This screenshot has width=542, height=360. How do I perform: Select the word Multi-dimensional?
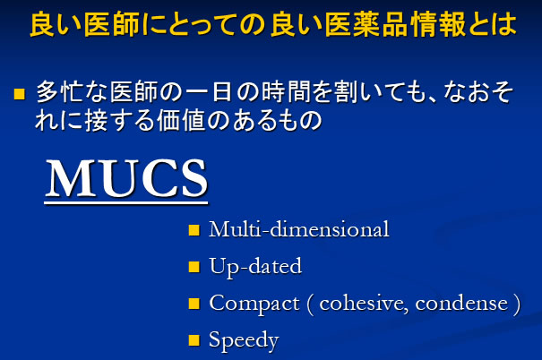point(299,229)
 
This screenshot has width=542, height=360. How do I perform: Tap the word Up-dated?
point(255,267)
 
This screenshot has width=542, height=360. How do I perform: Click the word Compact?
point(254,304)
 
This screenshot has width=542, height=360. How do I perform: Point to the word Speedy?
point(244,340)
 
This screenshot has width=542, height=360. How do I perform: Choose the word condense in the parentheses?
point(461,304)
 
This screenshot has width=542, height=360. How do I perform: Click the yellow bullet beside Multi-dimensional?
point(194,230)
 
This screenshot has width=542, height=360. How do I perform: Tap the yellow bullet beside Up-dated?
point(194,267)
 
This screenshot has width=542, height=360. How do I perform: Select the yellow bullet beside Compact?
point(194,304)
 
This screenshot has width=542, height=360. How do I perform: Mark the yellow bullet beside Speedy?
point(194,340)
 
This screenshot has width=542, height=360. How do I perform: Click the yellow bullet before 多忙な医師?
point(20,94)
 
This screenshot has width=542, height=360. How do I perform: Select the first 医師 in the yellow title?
point(111,24)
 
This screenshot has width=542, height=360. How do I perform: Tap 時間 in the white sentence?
point(286,92)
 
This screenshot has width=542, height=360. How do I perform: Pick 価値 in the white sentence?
point(181,121)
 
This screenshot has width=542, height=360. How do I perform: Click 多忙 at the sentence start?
point(61,92)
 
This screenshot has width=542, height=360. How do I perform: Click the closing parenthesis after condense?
point(517,304)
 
